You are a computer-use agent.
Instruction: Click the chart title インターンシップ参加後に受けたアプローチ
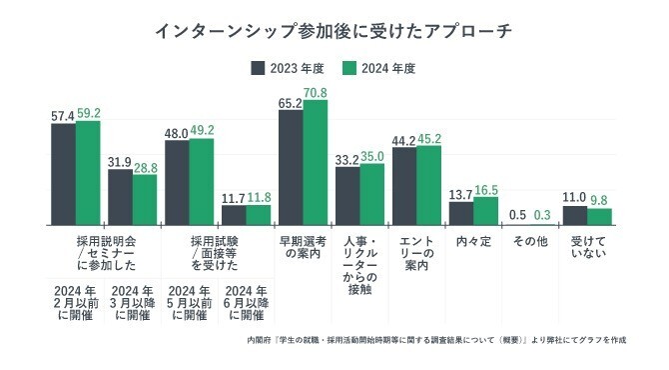pyautogui.click(x=334, y=31)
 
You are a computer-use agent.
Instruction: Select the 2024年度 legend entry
pyautogui.click(x=378, y=69)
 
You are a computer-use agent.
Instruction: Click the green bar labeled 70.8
pyautogui.click(x=316, y=162)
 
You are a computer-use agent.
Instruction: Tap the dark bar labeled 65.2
pyautogui.click(x=291, y=167)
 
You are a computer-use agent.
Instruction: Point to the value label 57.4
pyautogui.click(x=63, y=116)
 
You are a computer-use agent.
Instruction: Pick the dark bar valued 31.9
pyautogui.click(x=120, y=196)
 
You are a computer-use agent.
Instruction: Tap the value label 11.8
pyautogui.click(x=259, y=197)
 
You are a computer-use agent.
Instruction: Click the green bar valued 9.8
pyautogui.click(x=600, y=216)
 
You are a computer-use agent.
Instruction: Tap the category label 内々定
pyautogui.click(x=473, y=242)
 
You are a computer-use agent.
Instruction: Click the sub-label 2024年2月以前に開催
pyautogui.click(x=75, y=300)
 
